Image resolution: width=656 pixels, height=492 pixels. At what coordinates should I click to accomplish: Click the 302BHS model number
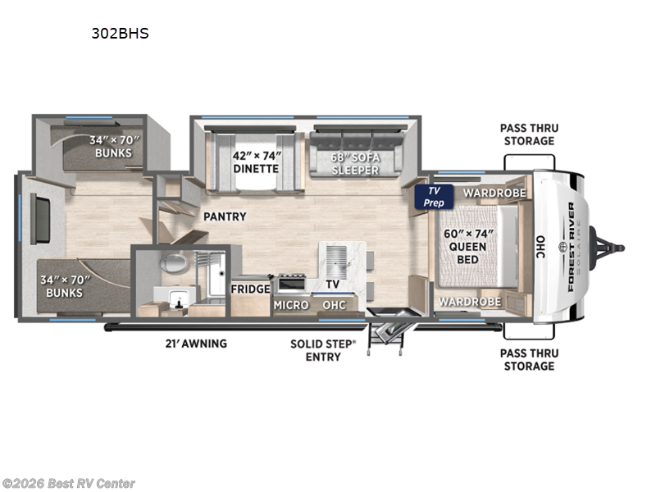point(120,34)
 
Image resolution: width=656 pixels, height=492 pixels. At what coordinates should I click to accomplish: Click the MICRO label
point(291,305)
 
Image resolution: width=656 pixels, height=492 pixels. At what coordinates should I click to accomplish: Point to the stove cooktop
point(292,284)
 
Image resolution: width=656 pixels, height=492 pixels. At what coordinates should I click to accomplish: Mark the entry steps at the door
point(385,332)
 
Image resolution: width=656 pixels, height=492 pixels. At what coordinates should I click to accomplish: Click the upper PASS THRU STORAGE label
point(528,134)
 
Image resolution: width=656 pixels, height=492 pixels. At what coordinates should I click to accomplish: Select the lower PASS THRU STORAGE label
point(528,359)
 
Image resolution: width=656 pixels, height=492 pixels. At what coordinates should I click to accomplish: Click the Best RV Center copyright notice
point(69,484)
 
